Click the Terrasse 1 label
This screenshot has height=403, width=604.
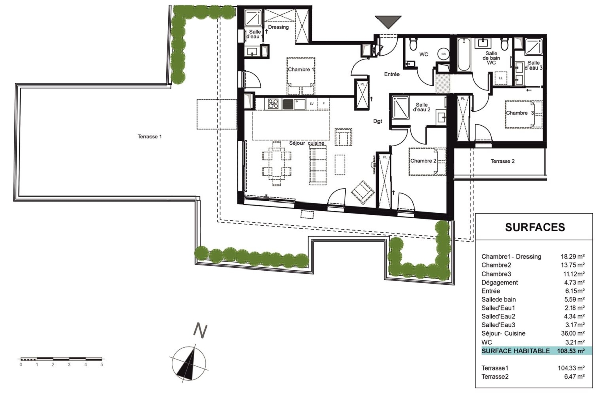[x=149, y=137]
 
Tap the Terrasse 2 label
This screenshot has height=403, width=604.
[x=503, y=161]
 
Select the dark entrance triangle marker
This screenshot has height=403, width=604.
[x=388, y=22]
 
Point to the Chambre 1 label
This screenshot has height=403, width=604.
[x=301, y=69]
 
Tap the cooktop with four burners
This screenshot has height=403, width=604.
[x=273, y=104]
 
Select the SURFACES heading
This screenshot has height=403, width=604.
[x=535, y=227]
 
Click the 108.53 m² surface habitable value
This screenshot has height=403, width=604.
[x=571, y=351]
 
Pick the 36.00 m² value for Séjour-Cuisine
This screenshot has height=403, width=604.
[x=573, y=333]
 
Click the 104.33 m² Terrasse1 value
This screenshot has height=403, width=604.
[x=571, y=368]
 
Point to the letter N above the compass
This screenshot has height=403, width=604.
[x=200, y=331]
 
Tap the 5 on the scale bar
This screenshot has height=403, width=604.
[x=102, y=365]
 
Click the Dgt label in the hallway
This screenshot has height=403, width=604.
[x=377, y=121]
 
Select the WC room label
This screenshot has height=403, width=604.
[x=424, y=54]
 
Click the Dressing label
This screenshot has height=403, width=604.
[x=278, y=27]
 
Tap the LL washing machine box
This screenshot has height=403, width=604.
[x=501, y=78]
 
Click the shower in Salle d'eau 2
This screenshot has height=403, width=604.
[x=401, y=107]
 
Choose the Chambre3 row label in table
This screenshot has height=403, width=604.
[x=496, y=274]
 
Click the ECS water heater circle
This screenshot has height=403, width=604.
[x=443, y=54]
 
